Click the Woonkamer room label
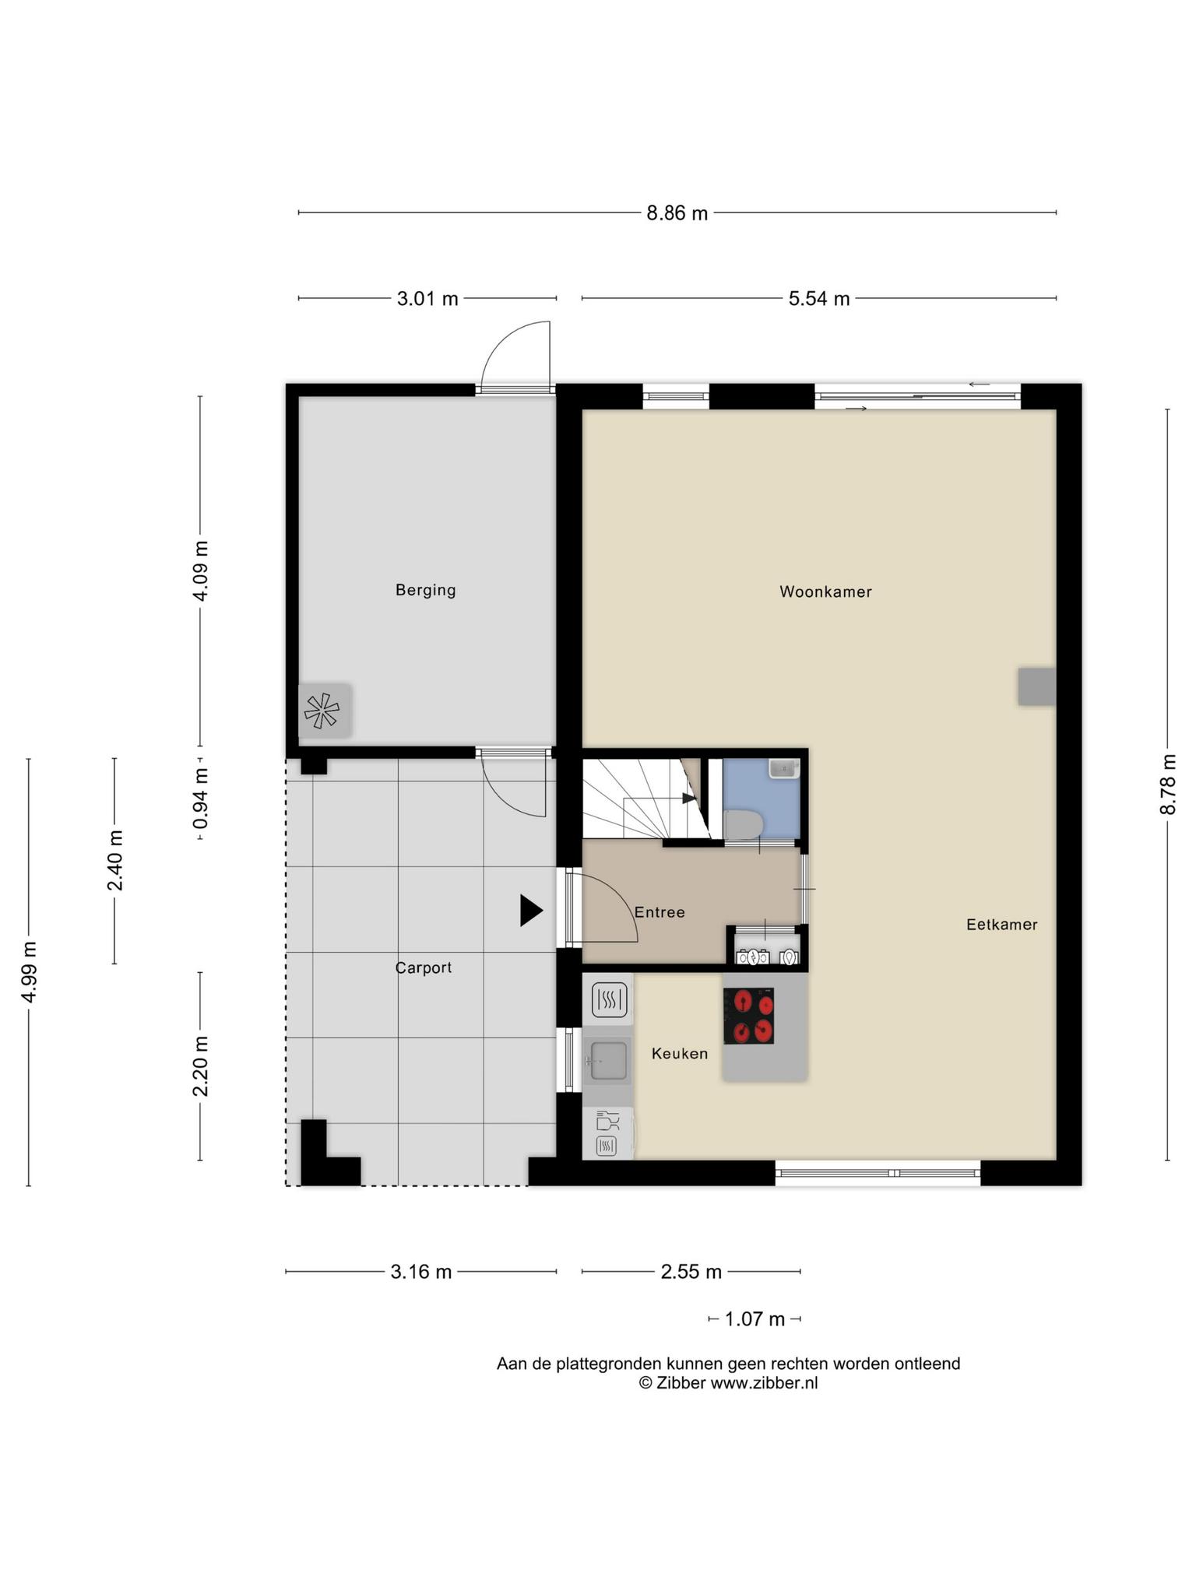coord(825,592)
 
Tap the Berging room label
coord(425,590)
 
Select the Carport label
coord(424,967)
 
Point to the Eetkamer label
coord(1001,925)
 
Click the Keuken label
coord(680,1054)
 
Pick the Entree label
coord(660,912)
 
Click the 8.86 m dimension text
coord(677,213)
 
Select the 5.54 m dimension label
coord(819,298)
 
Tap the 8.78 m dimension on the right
coord(1167,785)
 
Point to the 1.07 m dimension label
coord(755,1319)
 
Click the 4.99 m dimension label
coord(29,972)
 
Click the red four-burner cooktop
coord(748,1016)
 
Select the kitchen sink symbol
coord(609,1061)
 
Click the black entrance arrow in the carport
coord(531,911)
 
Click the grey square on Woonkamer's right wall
coord(1036,686)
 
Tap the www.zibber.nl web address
coord(764,1383)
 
